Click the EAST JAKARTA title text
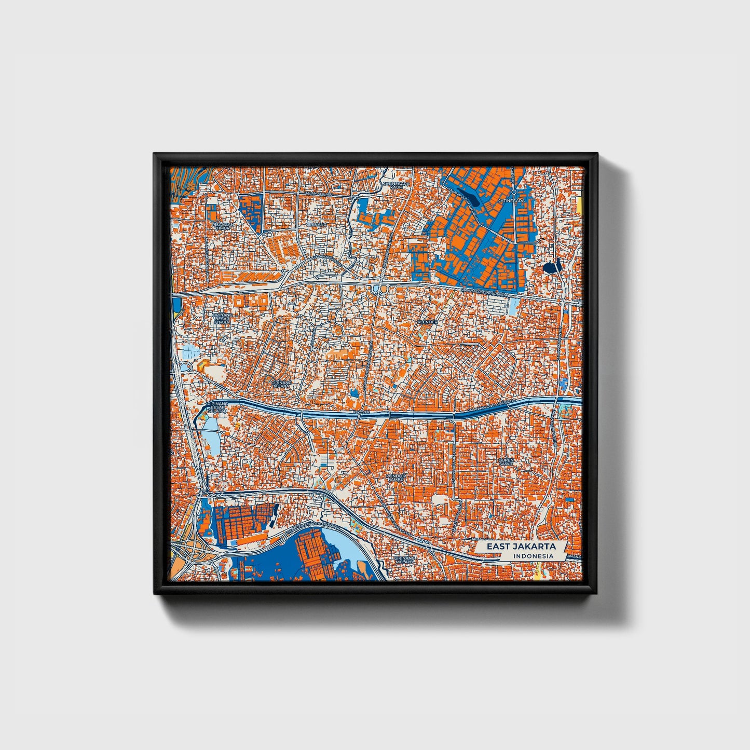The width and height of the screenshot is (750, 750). tap(521, 547)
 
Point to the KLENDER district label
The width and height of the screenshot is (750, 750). tap(427, 322)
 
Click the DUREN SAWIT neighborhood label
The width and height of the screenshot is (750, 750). tap(506, 462)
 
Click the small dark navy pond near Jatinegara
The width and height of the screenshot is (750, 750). tap(551, 267)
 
